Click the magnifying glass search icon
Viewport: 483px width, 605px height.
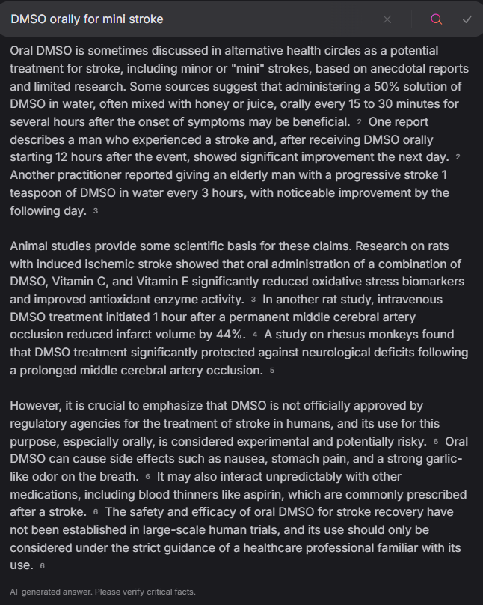coord(437,19)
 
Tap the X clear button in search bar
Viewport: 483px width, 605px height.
coord(387,19)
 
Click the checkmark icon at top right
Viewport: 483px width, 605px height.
coord(467,19)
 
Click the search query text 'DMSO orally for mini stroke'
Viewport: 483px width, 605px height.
coord(87,19)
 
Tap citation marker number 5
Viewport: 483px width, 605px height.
coord(272,371)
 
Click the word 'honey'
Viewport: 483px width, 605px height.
coord(215,103)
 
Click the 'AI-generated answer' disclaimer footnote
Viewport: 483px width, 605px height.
coord(103,592)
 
